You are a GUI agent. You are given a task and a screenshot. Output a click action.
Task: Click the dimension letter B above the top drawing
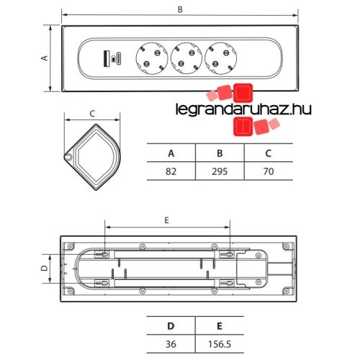pyautogui.click(x=180, y=9)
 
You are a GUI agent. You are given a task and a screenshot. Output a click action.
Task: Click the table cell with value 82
pyautogui.click(x=171, y=171)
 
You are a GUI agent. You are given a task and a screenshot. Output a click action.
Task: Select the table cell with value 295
pyautogui.click(x=220, y=171)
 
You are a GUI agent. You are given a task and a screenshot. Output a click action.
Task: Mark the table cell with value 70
pyautogui.click(x=269, y=171)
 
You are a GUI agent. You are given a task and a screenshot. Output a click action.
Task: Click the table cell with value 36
pyautogui.click(x=171, y=344)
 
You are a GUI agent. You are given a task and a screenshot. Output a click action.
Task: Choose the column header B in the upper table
pyautogui.click(x=220, y=153)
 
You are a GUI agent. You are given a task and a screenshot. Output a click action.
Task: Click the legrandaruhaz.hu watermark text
pyautogui.click(x=243, y=109)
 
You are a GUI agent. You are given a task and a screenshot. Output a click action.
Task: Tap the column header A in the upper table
pyautogui.click(x=171, y=153)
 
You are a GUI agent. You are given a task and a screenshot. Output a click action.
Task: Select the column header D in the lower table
pyautogui.click(x=171, y=326)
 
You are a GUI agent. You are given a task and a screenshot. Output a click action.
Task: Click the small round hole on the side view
pyautogui.click(x=68, y=156)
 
